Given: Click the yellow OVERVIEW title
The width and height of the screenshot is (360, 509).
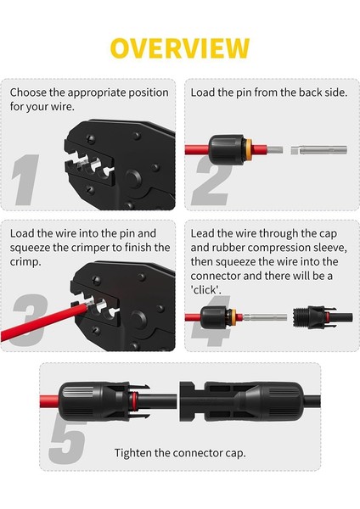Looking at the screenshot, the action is tap(180, 48).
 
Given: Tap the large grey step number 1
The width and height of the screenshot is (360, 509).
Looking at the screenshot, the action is tap(25, 180).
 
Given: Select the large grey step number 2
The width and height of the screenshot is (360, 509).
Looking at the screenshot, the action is tap(211, 182).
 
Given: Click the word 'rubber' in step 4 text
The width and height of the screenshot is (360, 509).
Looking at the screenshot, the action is tap(228, 248).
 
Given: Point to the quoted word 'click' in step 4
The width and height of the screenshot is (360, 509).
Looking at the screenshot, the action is tap(205, 289).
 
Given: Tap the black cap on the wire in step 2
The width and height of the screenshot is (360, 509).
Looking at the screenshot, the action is tap(226, 149).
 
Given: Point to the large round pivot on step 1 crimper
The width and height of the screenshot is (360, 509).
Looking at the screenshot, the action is tap(133, 179).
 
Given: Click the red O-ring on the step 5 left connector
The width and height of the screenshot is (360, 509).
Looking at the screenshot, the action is tap(134, 401).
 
